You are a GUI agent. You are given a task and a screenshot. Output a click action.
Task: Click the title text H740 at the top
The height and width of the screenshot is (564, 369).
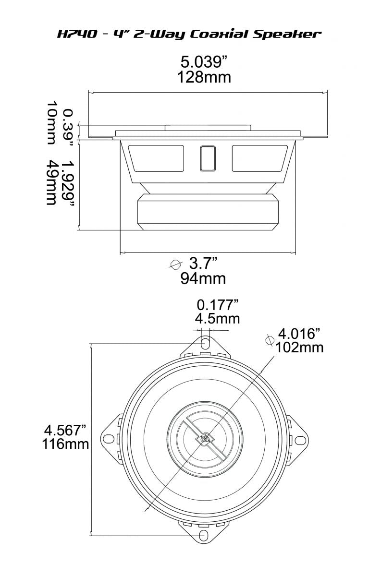tap(72, 34)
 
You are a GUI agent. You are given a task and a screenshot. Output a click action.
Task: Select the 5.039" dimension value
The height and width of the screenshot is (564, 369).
tap(203, 62)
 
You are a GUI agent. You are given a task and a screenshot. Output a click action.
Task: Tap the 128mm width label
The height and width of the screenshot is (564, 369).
tap(204, 77)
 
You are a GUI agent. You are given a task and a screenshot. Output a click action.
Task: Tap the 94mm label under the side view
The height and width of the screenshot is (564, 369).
tap(203, 278)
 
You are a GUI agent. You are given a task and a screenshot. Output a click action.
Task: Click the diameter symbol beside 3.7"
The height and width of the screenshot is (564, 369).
tap(176, 264)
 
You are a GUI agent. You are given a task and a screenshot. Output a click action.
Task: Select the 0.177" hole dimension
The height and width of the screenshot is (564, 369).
tap(218, 304)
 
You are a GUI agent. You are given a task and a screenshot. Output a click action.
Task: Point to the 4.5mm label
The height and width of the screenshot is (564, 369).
tap(218, 318)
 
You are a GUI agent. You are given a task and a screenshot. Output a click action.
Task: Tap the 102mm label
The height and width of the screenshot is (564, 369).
tap(299, 347)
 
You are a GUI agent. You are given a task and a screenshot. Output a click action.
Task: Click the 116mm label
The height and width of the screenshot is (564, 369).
tap(65, 444)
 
